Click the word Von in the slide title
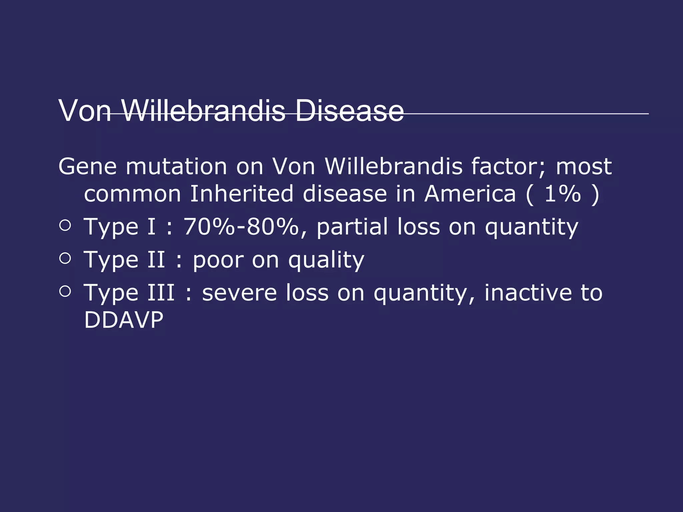(85, 111)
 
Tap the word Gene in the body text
(87, 166)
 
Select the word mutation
(176, 166)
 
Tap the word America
(470, 194)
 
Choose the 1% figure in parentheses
(563, 194)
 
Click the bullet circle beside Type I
(65, 225)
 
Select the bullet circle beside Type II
(65, 258)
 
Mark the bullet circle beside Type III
(65, 291)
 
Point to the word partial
(352, 227)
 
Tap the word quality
(326, 260)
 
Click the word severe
(239, 293)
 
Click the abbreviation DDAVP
(124, 320)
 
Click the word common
(132, 194)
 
